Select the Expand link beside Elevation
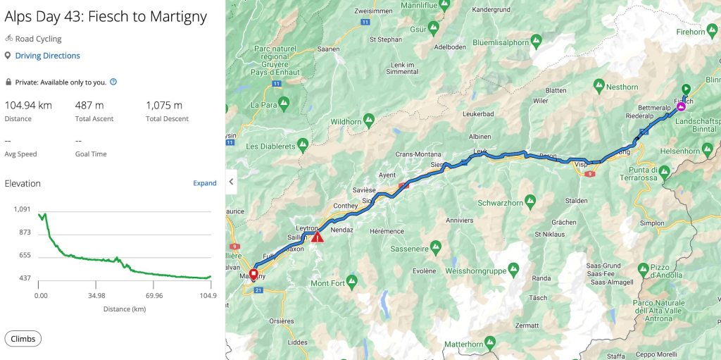coord(205,183)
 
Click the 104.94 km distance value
coord(28,106)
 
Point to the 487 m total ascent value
coord(89,106)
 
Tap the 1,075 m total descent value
coord(163,106)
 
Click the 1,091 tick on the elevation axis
coord(22,209)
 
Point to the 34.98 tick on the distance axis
coord(97,296)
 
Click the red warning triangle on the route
coord(318,237)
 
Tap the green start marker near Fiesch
coord(686,89)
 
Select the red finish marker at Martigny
coord(253,272)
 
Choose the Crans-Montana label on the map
coord(418,154)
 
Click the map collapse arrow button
coord(231,181)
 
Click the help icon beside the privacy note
coord(113,82)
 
